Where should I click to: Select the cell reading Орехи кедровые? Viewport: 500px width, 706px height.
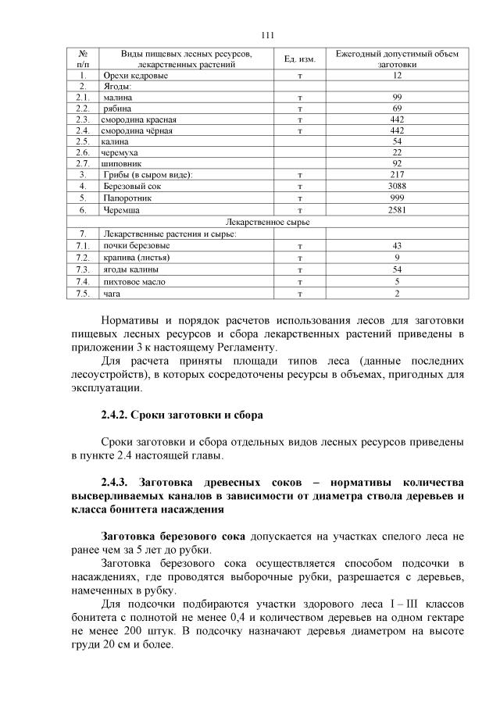click(131, 75)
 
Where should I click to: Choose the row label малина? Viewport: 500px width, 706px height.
click(117, 98)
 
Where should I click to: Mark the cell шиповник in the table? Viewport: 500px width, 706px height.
click(122, 164)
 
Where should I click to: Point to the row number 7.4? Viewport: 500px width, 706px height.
click(82, 282)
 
